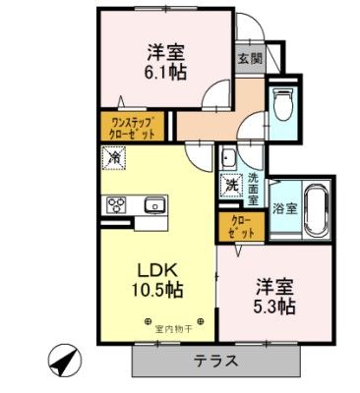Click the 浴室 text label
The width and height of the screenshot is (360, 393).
click(283, 207)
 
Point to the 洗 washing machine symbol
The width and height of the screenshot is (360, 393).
click(232, 183)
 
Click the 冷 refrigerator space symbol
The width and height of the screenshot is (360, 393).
click(114, 156)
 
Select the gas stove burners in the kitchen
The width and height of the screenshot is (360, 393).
click(115, 206)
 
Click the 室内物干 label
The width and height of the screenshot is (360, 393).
click(169, 321)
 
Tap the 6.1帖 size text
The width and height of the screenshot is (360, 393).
click(166, 70)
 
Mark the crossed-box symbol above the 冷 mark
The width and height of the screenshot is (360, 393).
click(112, 136)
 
